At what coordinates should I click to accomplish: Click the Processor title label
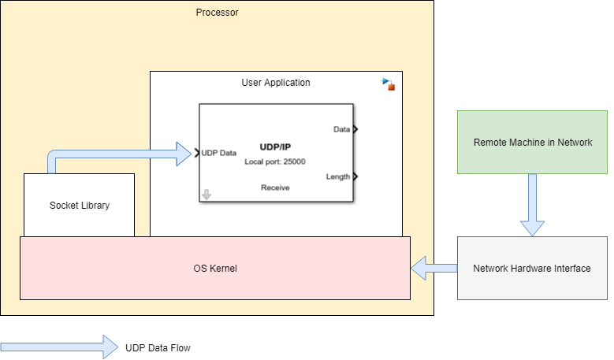(217, 13)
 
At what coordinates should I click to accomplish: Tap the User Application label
(275, 82)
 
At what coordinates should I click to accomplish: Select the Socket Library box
(79, 205)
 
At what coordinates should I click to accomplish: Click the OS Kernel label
(215, 269)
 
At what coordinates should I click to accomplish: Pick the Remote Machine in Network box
(532, 143)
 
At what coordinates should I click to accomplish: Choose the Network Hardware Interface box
(532, 269)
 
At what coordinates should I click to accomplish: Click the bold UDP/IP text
(275, 147)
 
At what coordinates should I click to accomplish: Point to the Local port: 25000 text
(275, 161)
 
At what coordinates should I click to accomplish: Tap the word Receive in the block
(275, 187)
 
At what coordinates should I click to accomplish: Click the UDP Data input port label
(219, 153)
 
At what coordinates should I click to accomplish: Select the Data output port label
(341, 129)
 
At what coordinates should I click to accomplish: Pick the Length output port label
(338, 176)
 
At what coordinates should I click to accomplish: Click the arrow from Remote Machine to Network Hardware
(532, 204)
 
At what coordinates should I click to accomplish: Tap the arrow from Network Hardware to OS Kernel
(434, 269)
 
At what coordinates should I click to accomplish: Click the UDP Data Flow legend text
(158, 347)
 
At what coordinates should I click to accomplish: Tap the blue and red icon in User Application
(388, 84)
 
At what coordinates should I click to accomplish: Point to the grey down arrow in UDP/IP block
(207, 195)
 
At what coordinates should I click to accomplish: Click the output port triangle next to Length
(355, 176)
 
